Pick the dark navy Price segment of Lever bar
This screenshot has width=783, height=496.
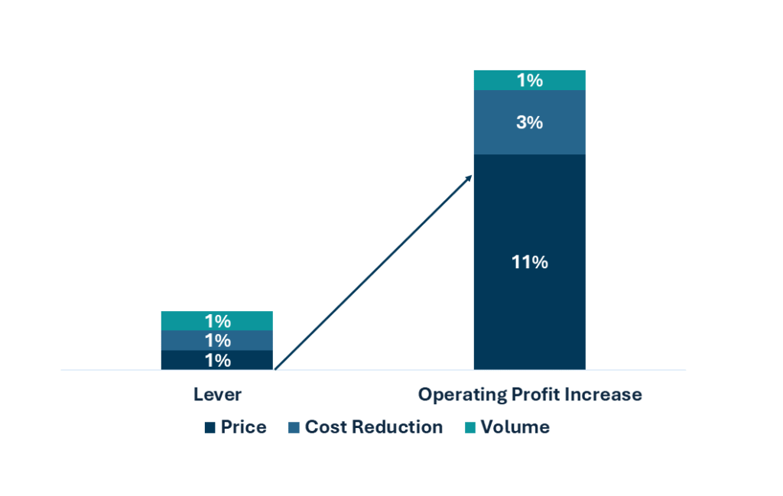click(x=184, y=360)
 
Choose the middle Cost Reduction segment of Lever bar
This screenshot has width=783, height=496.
click(x=184, y=340)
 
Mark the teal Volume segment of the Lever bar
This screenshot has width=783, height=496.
click(x=184, y=320)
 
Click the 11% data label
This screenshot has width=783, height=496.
click(x=529, y=262)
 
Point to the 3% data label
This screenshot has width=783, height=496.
click(x=529, y=122)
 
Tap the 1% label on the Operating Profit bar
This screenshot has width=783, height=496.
click(x=529, y=80)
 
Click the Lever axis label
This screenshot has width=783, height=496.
click(x=217, y=394)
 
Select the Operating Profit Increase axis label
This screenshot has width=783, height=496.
click(x=529, y=394)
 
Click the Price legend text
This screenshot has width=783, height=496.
click(x=243, y=427)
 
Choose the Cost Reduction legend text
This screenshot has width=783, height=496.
click(x=373, y=427)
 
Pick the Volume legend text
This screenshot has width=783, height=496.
click(x=515, y=427)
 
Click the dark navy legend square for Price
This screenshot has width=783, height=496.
click(x=210, y=428)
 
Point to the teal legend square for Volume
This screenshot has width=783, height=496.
click(x=470, y=428)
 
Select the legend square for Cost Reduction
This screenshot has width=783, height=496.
click(x=294, y=428)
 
